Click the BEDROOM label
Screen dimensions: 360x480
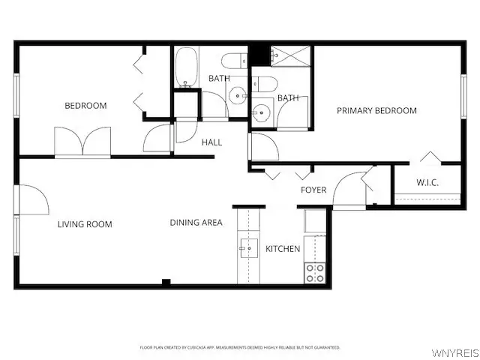click(85, 106)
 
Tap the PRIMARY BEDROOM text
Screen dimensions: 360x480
click(376, 111)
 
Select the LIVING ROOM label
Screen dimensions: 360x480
click(85, 224)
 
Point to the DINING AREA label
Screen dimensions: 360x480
click(196, 223)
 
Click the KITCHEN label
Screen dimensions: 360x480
click(283, 249)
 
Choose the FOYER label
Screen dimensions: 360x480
click(313, 190)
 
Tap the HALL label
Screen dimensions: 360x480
click(211, 142)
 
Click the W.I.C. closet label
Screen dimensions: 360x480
click(427, 183)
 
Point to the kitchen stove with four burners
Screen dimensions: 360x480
click(315, 273)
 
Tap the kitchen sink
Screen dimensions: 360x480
click(248, 248)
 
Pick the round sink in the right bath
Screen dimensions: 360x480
click(261, 113)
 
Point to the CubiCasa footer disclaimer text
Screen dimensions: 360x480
click(240, 348)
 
